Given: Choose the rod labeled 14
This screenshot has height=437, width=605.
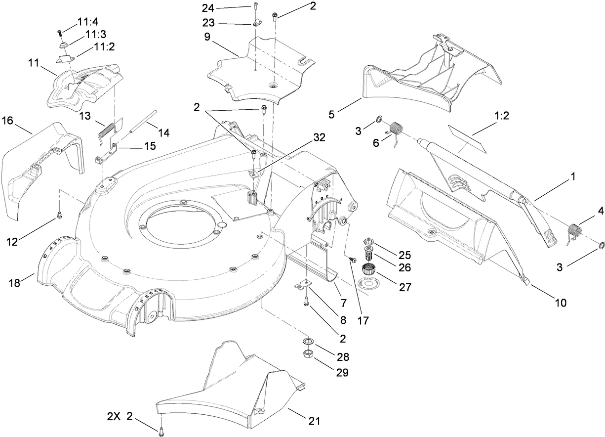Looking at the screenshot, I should coord(138,121).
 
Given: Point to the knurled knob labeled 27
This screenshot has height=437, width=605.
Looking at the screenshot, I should coord(367,270).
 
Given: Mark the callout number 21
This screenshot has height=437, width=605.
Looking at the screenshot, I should coord(314,421).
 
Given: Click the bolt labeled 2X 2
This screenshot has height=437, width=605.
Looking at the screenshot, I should coord(161,433).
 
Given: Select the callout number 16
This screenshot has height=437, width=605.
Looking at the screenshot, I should coord(7,120).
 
